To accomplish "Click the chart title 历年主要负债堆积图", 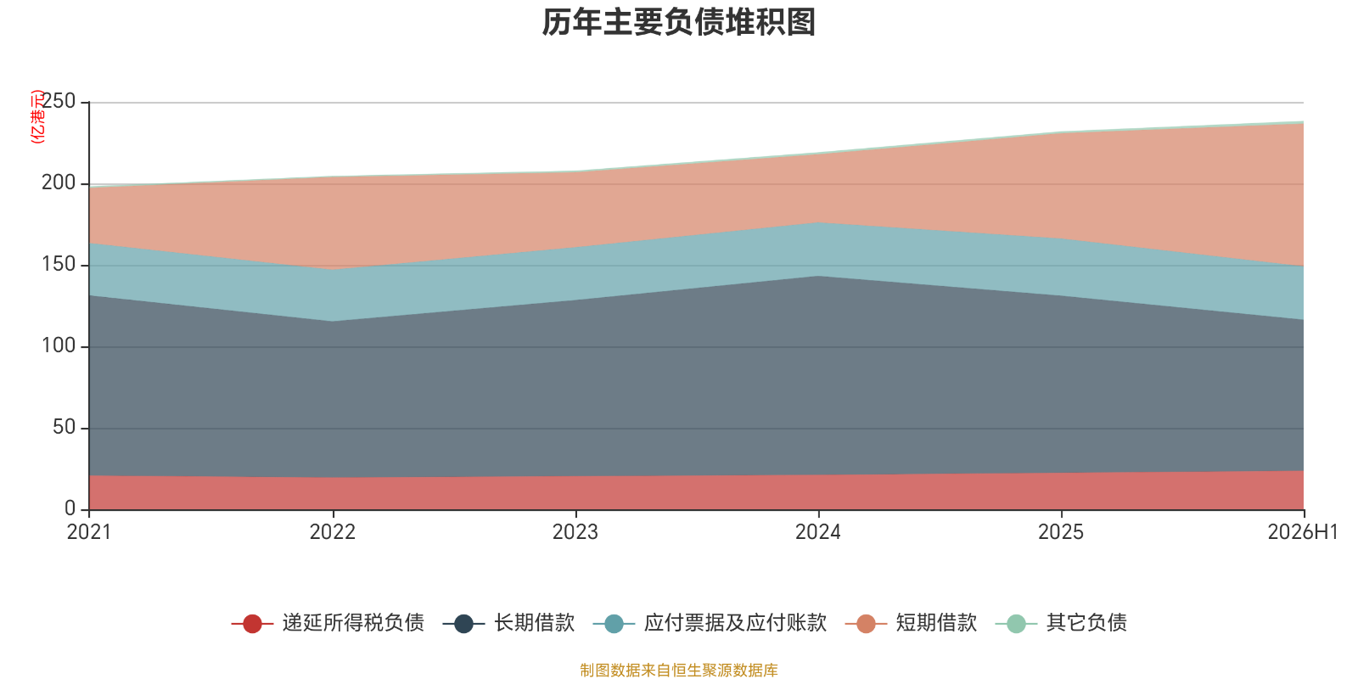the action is tap(678, 22).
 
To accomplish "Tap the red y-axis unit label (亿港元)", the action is tap(37, 116).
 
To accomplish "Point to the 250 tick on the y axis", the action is tap(59, 101).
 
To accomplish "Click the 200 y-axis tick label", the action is tap(59, 182).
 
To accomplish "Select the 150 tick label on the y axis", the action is tap(59, 264).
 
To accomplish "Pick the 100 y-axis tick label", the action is tap(59, 345).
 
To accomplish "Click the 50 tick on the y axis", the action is tap(65, 428).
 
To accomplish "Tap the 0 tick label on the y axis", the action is tap(70, 508).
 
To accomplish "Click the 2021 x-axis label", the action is tap(89, 532).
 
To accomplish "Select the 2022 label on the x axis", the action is tap(332, 532).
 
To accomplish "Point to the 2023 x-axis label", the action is tap(575, 532).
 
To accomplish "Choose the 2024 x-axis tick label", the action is tap(818, 532).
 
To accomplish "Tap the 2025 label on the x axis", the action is tap(1061, 532).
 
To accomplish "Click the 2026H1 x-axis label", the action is tap(1303, 532).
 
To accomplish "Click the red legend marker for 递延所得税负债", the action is tap(252, 624).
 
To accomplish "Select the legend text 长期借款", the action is tap(534, 623).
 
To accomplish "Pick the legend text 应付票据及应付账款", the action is tap(735, 623).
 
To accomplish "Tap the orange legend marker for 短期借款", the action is tap(866, 624).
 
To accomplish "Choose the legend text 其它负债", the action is tap(1086, 623).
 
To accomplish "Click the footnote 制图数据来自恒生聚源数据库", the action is tap(679, 670).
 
